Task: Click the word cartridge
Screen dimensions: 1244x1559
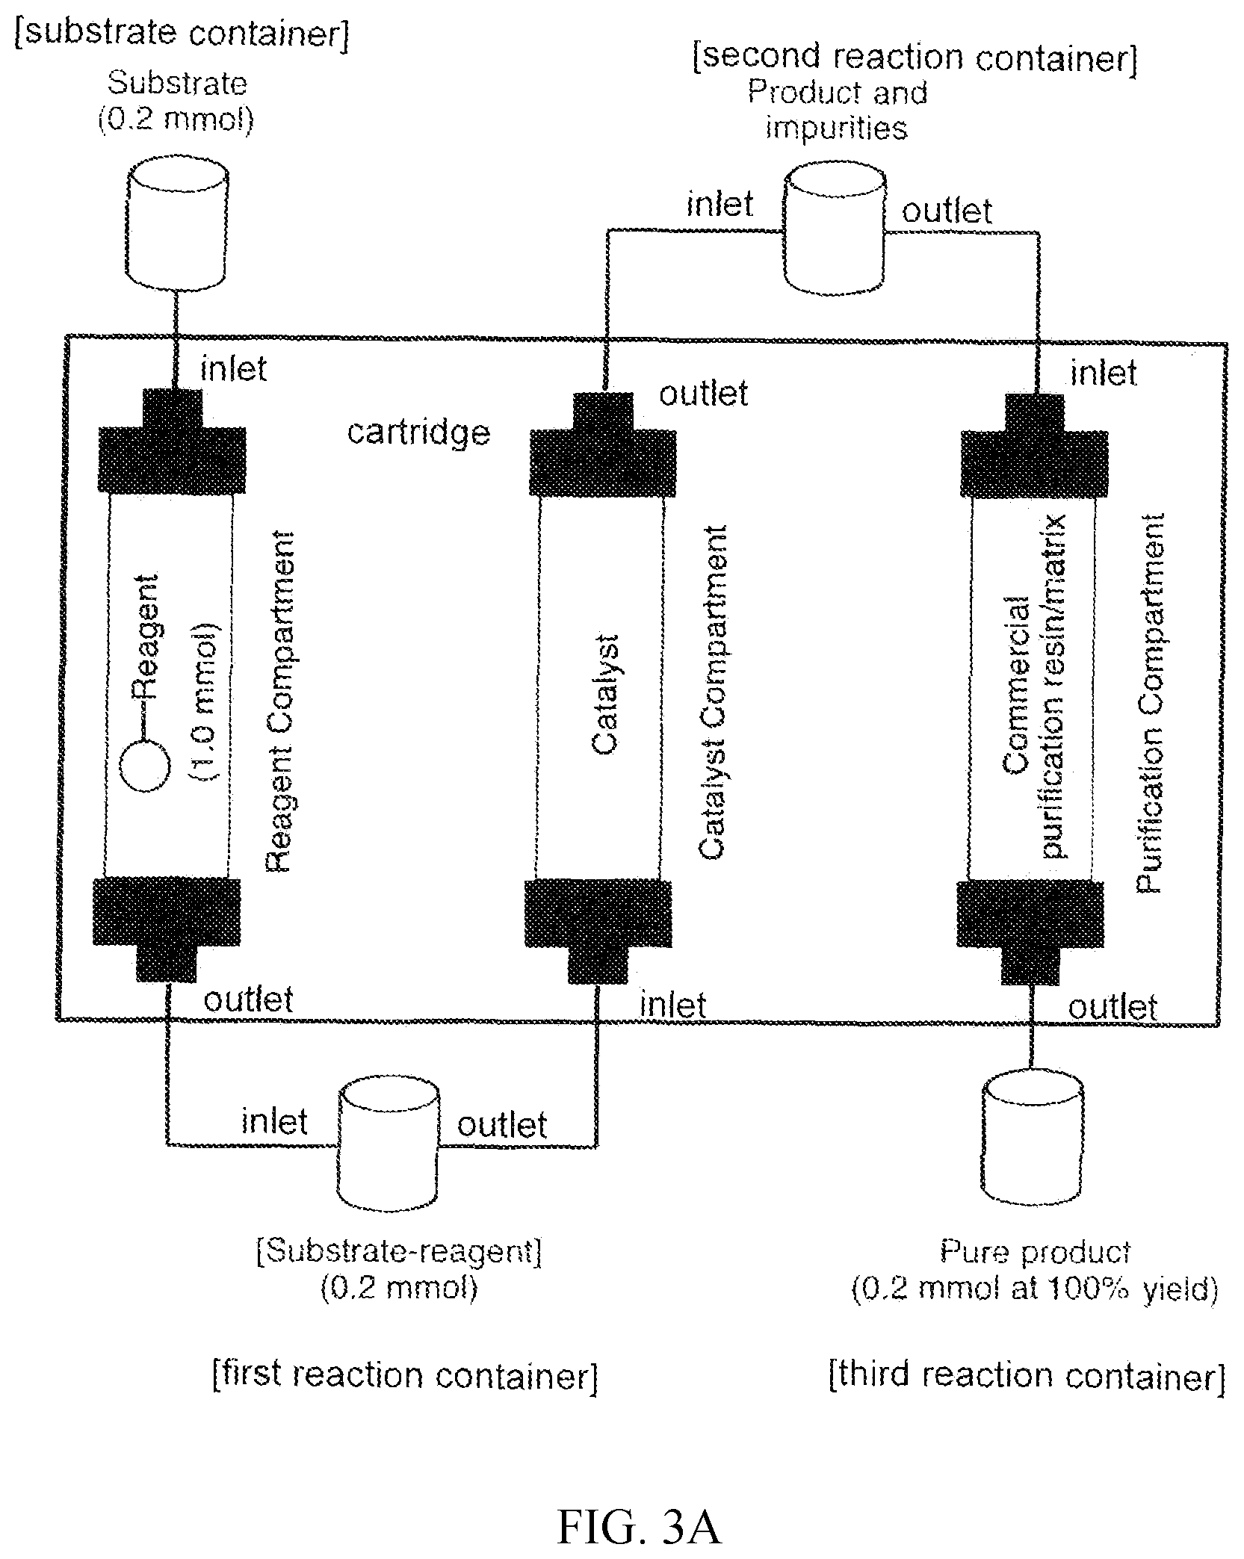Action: click(x=418, y=433)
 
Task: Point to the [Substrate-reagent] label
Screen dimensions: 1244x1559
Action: click(x=398, y=1251)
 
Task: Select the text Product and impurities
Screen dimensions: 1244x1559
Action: click(x=837, y=111)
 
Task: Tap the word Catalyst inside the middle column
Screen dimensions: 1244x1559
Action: click(x=604, y=694)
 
